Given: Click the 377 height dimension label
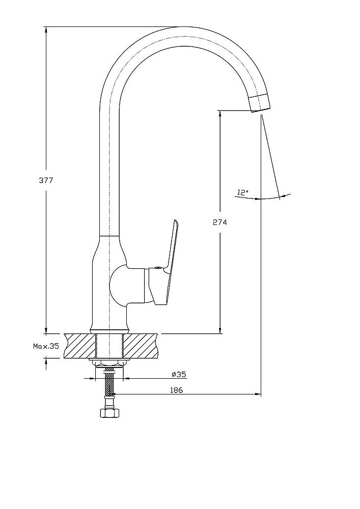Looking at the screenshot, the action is coord(46,181).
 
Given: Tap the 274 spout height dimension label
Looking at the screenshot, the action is coord(220,222).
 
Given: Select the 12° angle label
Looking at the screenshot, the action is coord(243,192).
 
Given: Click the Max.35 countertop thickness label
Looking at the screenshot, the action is coord(46,346).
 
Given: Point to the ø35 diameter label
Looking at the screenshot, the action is coord(179,375).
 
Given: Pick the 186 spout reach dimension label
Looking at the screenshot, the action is coord(177,390).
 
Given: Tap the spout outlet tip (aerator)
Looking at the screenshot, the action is coord(260,103).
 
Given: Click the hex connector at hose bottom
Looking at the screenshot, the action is coord(109,413).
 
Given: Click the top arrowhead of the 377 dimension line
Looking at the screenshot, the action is coord(46,30).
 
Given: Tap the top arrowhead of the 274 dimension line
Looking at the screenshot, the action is coord(220,114).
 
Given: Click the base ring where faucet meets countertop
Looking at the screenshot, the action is coord(109,331).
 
